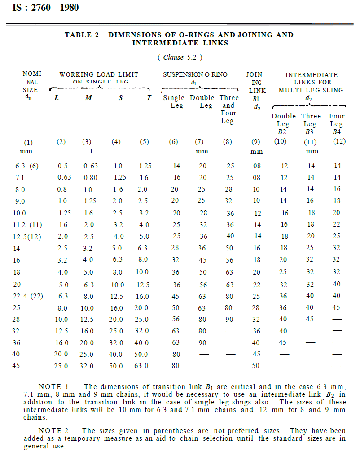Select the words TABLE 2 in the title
(x=81, y=35)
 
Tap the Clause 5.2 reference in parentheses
(x=180, y=57)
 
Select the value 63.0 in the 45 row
(x=141, y=366)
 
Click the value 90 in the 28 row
(x=228, y=319)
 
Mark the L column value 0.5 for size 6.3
(x=63, y=166)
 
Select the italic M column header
(x=88, y=98)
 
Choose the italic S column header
(x=120, y=98)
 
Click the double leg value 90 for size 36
(x=202, y=342)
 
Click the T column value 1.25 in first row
(x=145, y=166)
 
